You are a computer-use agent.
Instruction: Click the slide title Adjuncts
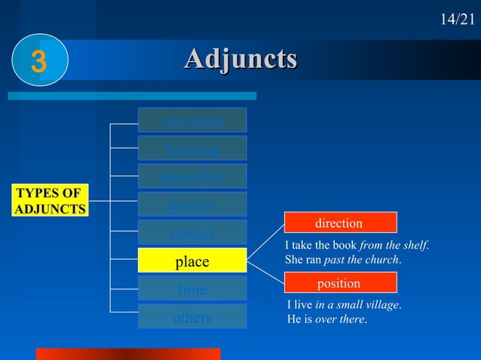click(240, 59)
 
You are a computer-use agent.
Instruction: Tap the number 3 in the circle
click(38, 63)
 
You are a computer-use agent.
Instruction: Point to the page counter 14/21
click(458, 19)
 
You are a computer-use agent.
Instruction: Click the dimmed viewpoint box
click(192, 121)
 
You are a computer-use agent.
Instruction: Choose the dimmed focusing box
click(192, 148)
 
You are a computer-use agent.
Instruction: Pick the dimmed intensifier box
click(192, 176)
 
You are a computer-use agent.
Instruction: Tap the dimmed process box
click(192, 204)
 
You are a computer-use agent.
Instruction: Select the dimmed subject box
click(192, 232)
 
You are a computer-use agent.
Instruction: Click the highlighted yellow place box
click(192, 261)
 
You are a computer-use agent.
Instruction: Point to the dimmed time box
click(192, 288)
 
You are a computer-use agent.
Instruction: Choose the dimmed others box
click(192, 316)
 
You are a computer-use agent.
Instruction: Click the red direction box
click(340, 223)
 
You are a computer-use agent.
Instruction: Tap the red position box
click(340, 283)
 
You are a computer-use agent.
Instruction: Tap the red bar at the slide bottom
click(128, 354)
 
